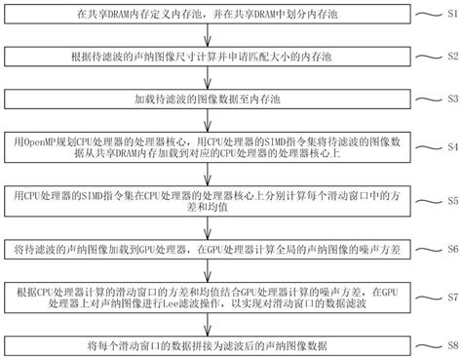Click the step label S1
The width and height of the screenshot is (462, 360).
coord(451,17)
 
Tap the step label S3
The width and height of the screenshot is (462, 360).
coord(451,99)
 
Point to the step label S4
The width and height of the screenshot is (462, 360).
coord(451,146)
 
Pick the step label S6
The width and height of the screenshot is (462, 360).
coord(451,250)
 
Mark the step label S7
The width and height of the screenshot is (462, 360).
coord(451,297)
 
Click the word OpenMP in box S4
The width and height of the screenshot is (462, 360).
coord(46,139)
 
